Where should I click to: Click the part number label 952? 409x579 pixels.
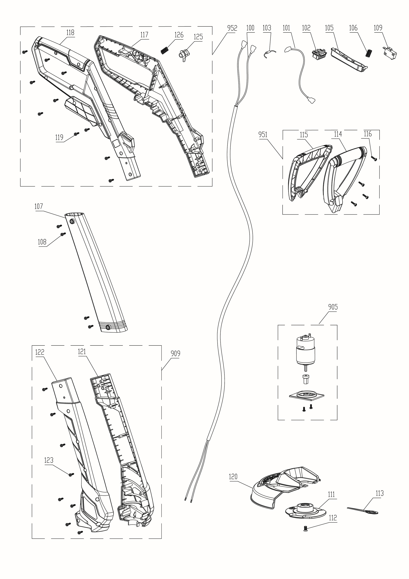(x=232, y=28)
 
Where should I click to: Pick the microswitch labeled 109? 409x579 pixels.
(x=390, y=53)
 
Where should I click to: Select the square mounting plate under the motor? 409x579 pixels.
(x=306, y=396)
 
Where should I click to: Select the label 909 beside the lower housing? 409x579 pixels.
(x=175, y=353)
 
